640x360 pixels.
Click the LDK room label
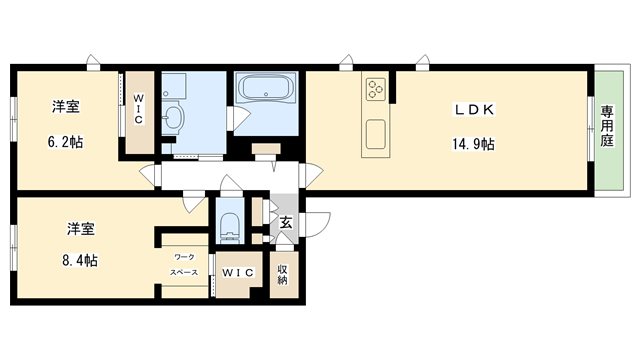pos(474,109)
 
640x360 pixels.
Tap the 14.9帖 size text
pos(473,144)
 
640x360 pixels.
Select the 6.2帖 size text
pos(65,142)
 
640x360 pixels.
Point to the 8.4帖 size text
pos(80,260)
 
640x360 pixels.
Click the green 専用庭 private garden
pos(609,131)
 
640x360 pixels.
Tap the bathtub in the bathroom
pos(266,87)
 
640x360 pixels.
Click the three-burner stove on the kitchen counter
pos(376,89)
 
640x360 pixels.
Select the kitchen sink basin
pos(376,134)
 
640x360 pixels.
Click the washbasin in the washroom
pos(173,118)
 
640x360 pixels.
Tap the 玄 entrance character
pos(286,222)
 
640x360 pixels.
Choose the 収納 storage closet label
pos(282,274)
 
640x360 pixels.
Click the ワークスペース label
pos(184,264)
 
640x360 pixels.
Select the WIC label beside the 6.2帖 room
pos(139,109)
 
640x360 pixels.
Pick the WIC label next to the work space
pos(238,273)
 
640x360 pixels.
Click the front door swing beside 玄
pos(315,224)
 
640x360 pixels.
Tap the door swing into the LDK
pos(311,175)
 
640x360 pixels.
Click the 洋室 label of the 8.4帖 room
pos(80,229)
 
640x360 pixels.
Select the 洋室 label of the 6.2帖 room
pos(66,107)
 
